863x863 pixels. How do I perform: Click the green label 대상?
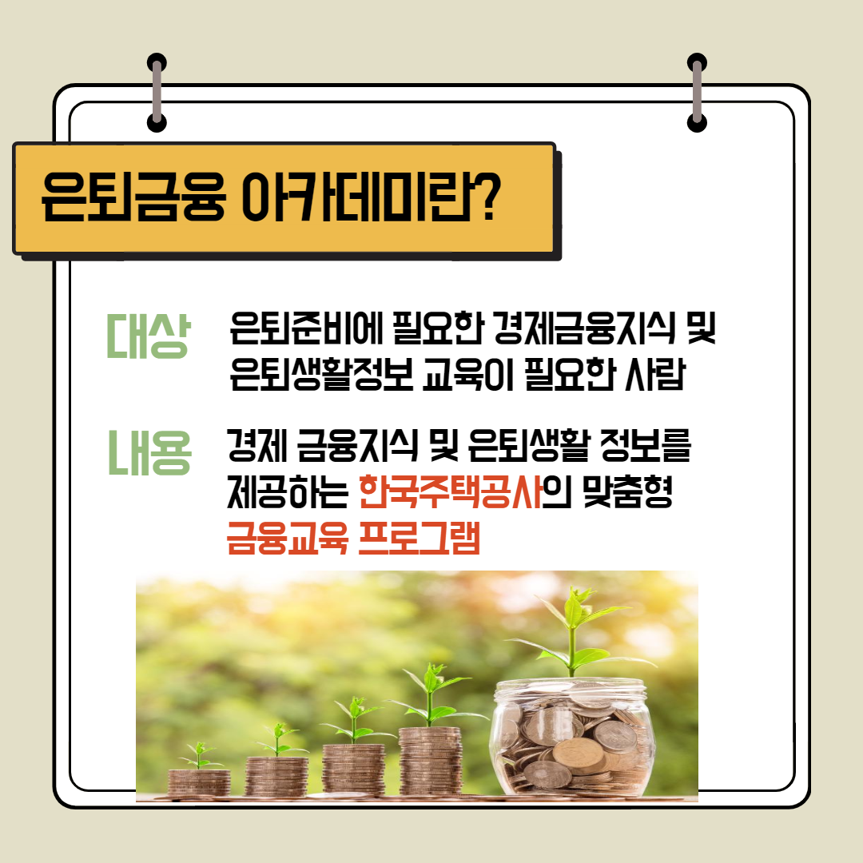pos(148,336)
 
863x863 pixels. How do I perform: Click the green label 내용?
pos(149,452)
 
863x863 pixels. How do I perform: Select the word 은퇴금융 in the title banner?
pos(133,197)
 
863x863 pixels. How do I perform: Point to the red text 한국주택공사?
pos(450,491)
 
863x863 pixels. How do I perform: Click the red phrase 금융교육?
pos(288,538)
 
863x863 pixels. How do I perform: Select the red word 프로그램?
pos(419,538)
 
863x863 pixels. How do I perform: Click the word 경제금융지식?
pos(584,328)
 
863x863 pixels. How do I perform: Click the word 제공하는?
pos(288,491)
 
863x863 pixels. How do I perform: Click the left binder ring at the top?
pos(157,93)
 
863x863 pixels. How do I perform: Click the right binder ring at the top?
pos(697,93)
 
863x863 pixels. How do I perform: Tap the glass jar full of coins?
pos(572,738)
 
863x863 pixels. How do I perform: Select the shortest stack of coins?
pos(199,782)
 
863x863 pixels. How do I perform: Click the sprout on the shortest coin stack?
pos(200,755)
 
